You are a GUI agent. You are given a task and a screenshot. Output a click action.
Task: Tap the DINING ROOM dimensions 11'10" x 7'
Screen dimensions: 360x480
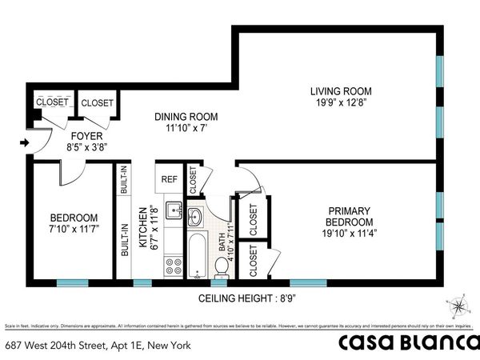[x=186, y=129]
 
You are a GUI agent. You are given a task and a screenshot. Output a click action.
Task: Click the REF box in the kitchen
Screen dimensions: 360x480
[x=169, y=179]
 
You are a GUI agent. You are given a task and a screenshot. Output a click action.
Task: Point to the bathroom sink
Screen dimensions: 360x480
[x=194, y=215]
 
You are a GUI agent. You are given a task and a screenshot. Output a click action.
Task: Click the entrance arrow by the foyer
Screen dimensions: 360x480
[x=24, y=143]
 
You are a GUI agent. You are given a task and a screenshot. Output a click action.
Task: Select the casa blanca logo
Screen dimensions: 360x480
[x=406, y=343]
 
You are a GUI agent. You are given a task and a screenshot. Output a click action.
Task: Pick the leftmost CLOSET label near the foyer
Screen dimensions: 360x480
[x=50, y=102]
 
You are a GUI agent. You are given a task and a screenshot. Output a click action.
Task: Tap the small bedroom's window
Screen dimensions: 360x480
[x=72, y=282]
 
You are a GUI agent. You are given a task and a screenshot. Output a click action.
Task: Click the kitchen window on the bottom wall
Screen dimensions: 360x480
[x=142, y=282]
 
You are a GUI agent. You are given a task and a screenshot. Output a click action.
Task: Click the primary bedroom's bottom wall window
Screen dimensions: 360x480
[x=308, y=282]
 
